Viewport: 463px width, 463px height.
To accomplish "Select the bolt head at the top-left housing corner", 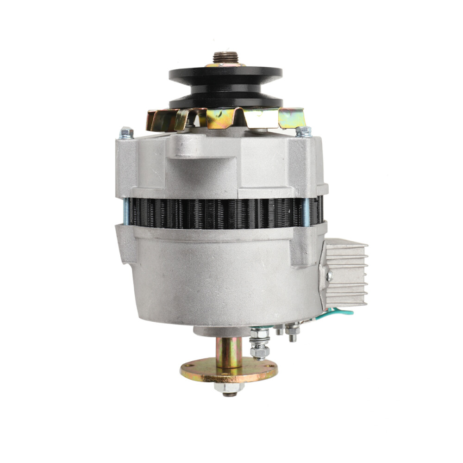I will (x=126, y=133).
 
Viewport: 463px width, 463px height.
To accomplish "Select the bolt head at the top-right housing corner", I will (x=304, y=131).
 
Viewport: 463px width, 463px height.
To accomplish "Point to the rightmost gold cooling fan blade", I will (x=292, y=118).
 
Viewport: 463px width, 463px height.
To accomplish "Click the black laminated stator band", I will (x=222, y=213).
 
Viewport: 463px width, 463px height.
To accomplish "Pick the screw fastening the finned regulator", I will (x=329, y=276).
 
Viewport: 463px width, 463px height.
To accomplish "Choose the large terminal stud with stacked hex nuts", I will (x=260, y=345).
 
